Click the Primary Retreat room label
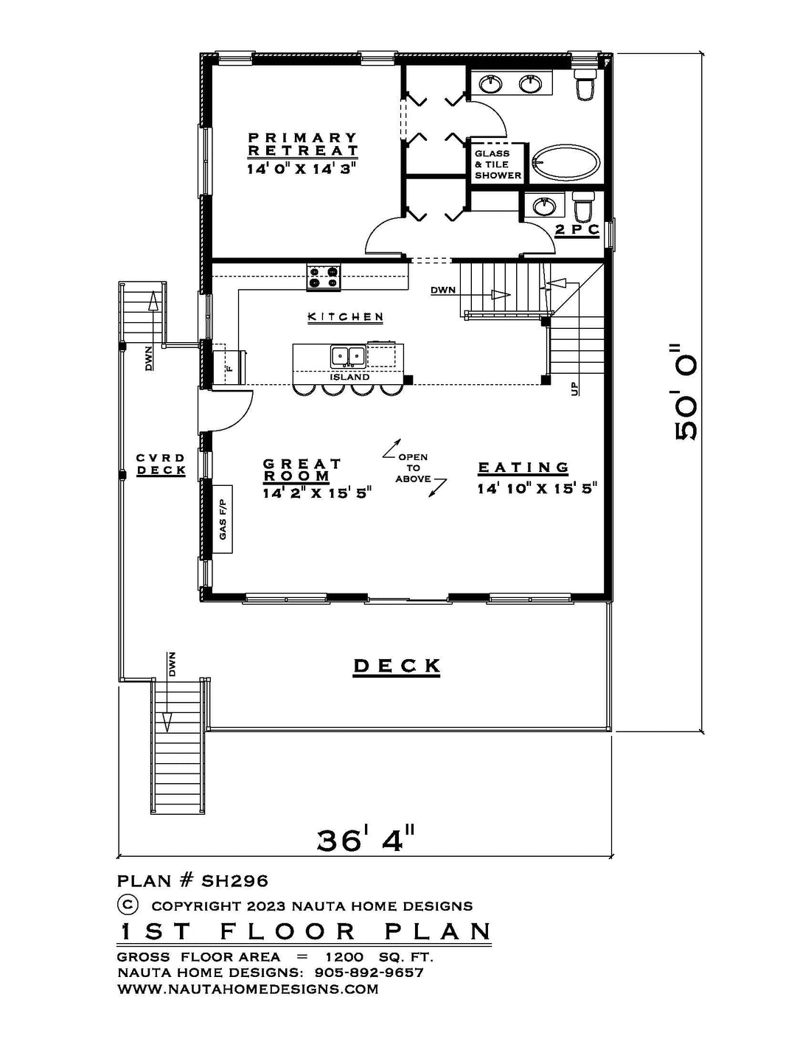(x=303, y=144)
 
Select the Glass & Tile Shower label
(x=498, y=164)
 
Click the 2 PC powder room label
(x=577, y=229)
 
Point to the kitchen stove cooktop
(x=324, y=277)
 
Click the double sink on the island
(x=348, y=357)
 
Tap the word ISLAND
(x=349, y=377)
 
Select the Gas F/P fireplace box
(x=223, y=519)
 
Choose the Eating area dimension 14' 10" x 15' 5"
(x=537, y=489)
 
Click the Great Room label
(x=302, y=470)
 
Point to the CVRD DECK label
(x=161, y=464)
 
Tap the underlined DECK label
(x=397, y=667)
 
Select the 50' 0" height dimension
(x=686, y=392)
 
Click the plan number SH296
(x=234, y=881)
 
